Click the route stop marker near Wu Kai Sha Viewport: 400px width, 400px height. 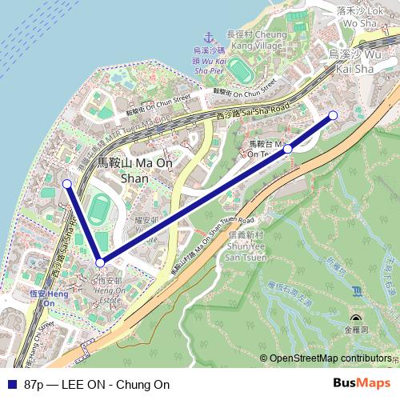coord(334,116)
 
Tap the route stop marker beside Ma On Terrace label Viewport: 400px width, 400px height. coord(288,148)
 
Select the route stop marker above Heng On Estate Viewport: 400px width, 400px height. coord(100,262)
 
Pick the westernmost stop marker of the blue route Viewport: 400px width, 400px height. coord(67,184)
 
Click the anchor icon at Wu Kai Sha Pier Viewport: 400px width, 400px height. coord(207,37)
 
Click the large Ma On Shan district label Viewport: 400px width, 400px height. coord(122,170)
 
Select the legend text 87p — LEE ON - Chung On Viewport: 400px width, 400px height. coord(98,384)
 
